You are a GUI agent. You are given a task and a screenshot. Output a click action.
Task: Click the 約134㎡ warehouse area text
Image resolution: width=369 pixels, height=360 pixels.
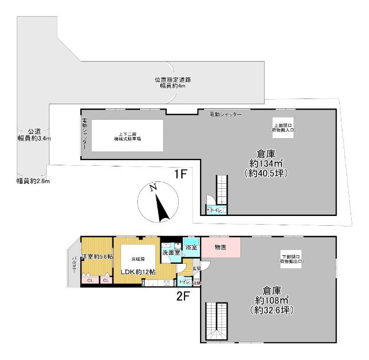click(x=265, y=164)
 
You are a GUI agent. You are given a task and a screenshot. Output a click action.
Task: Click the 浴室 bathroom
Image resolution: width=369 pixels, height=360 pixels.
click(x=191, y=247)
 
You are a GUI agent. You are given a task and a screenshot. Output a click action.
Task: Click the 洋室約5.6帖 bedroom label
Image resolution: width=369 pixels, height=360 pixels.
click(x=97, y=256)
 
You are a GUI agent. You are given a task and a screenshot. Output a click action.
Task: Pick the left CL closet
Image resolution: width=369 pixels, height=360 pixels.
click(x=89, y=281)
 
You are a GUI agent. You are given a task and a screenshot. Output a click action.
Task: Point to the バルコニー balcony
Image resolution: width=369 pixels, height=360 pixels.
click(x=73, y=265)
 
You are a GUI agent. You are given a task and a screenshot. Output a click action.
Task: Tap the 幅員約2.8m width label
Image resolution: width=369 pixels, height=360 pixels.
click(x=33, y=181)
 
